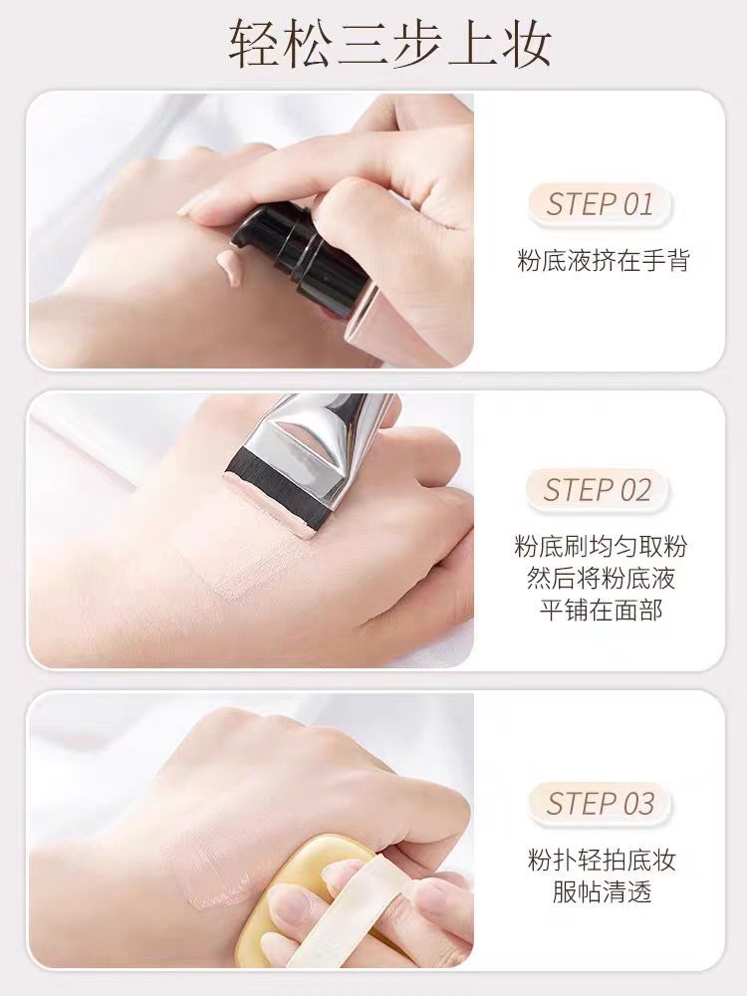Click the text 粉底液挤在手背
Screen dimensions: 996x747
[603, 261]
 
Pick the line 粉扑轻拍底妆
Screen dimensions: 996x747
[602, 860]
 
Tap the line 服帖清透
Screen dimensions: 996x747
[602, 891]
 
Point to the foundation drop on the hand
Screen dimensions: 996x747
[228, 266]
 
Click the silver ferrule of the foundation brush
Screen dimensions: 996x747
[309, 448]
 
